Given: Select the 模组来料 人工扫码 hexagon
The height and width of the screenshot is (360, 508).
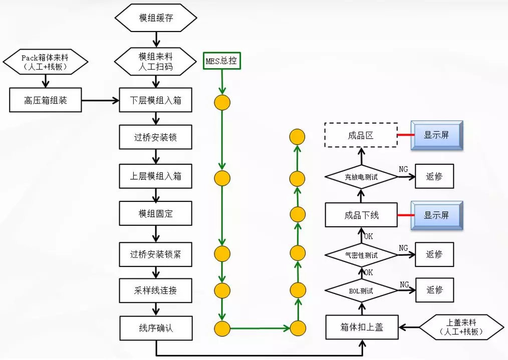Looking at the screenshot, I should pos(155,61).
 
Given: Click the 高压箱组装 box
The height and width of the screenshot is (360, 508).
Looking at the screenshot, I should pos(46,100).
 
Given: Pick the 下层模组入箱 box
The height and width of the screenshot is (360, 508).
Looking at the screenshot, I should pos(156,100).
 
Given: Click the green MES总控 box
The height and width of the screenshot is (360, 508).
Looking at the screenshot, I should pos(222,61).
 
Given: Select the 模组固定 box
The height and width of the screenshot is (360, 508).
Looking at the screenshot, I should pos(156,213).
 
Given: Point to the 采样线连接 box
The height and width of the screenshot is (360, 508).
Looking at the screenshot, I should pos(156,290).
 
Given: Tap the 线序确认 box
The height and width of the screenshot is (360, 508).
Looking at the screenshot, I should pos(156,328).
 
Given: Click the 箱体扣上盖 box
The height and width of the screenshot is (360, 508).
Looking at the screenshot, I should pos(362,328).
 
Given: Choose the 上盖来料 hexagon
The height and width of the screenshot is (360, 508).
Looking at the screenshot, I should pos(461,328).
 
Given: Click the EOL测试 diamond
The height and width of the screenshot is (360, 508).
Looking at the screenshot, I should pos(361,290).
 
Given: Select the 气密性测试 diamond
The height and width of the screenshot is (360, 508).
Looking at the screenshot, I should pos(361,255).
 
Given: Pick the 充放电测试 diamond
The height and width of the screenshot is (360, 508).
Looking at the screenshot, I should pos(361,177).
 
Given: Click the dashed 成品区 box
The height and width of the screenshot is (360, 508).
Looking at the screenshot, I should pos(361,135).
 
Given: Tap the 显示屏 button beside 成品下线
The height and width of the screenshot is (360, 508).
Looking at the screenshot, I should pos(437,216).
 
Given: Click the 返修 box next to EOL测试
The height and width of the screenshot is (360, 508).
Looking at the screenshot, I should pos(434,290).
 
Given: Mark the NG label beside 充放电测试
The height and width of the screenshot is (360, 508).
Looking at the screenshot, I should pos(403,169).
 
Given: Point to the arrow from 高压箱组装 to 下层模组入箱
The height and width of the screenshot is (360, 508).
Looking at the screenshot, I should pos(100,101).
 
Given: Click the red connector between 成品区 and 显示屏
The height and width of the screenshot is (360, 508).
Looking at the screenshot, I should pos(404,135).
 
